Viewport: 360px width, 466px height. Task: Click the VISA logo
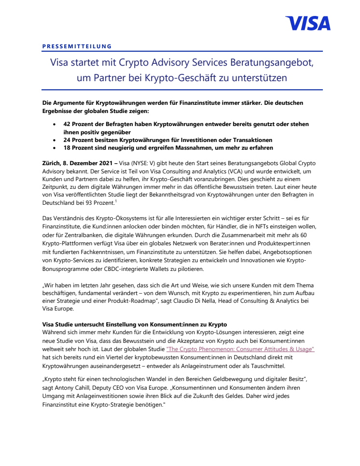307,23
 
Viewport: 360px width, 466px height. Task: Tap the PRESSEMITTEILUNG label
77,46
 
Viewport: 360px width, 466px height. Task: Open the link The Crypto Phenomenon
240,348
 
